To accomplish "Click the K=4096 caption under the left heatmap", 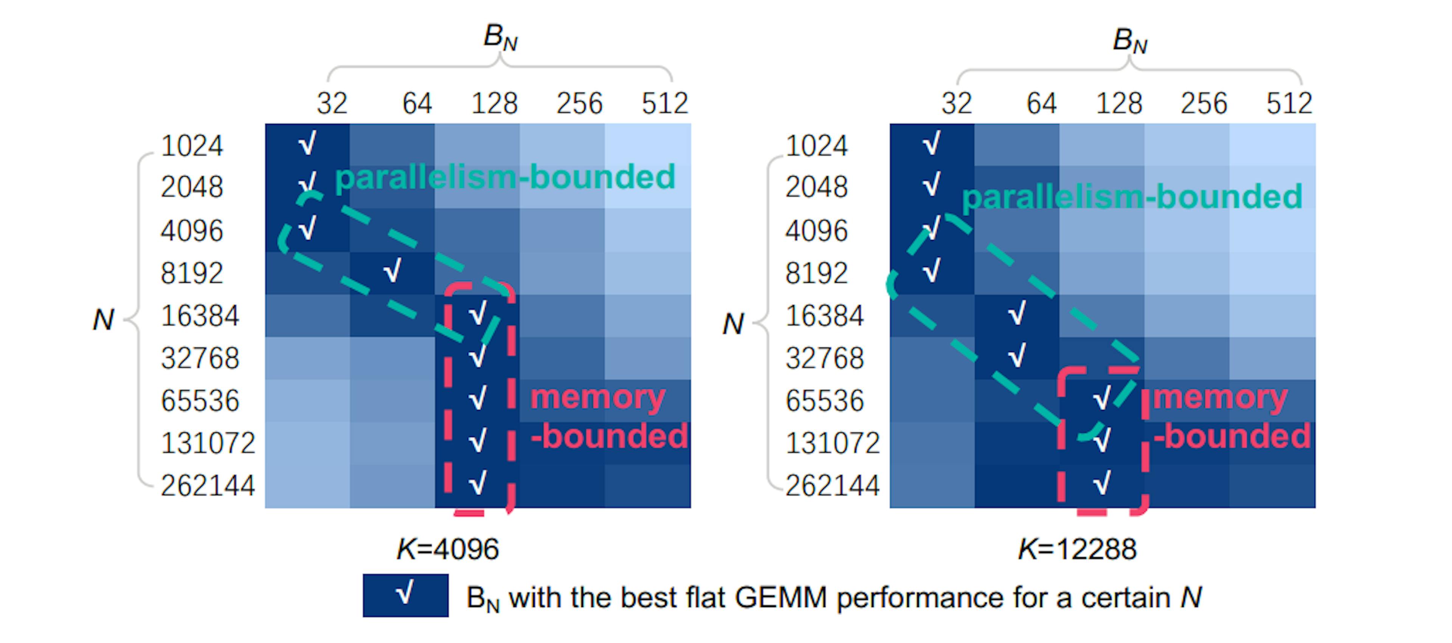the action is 448,549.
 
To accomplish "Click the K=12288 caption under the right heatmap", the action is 1077,549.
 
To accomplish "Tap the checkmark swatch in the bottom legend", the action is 405,595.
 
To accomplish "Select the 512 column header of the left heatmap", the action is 665,103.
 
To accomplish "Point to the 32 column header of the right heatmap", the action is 957,103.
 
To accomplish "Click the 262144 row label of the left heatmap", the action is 208,485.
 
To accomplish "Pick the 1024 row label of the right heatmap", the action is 816,146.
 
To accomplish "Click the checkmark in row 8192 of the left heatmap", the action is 392,271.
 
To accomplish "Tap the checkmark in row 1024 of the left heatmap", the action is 307,143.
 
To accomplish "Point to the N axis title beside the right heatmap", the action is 733,324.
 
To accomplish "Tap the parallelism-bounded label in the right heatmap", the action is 1132,197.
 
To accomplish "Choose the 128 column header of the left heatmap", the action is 494,103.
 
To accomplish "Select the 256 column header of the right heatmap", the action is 1204,103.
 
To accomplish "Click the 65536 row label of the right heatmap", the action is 824,401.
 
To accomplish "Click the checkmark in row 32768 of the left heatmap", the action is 478,356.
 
